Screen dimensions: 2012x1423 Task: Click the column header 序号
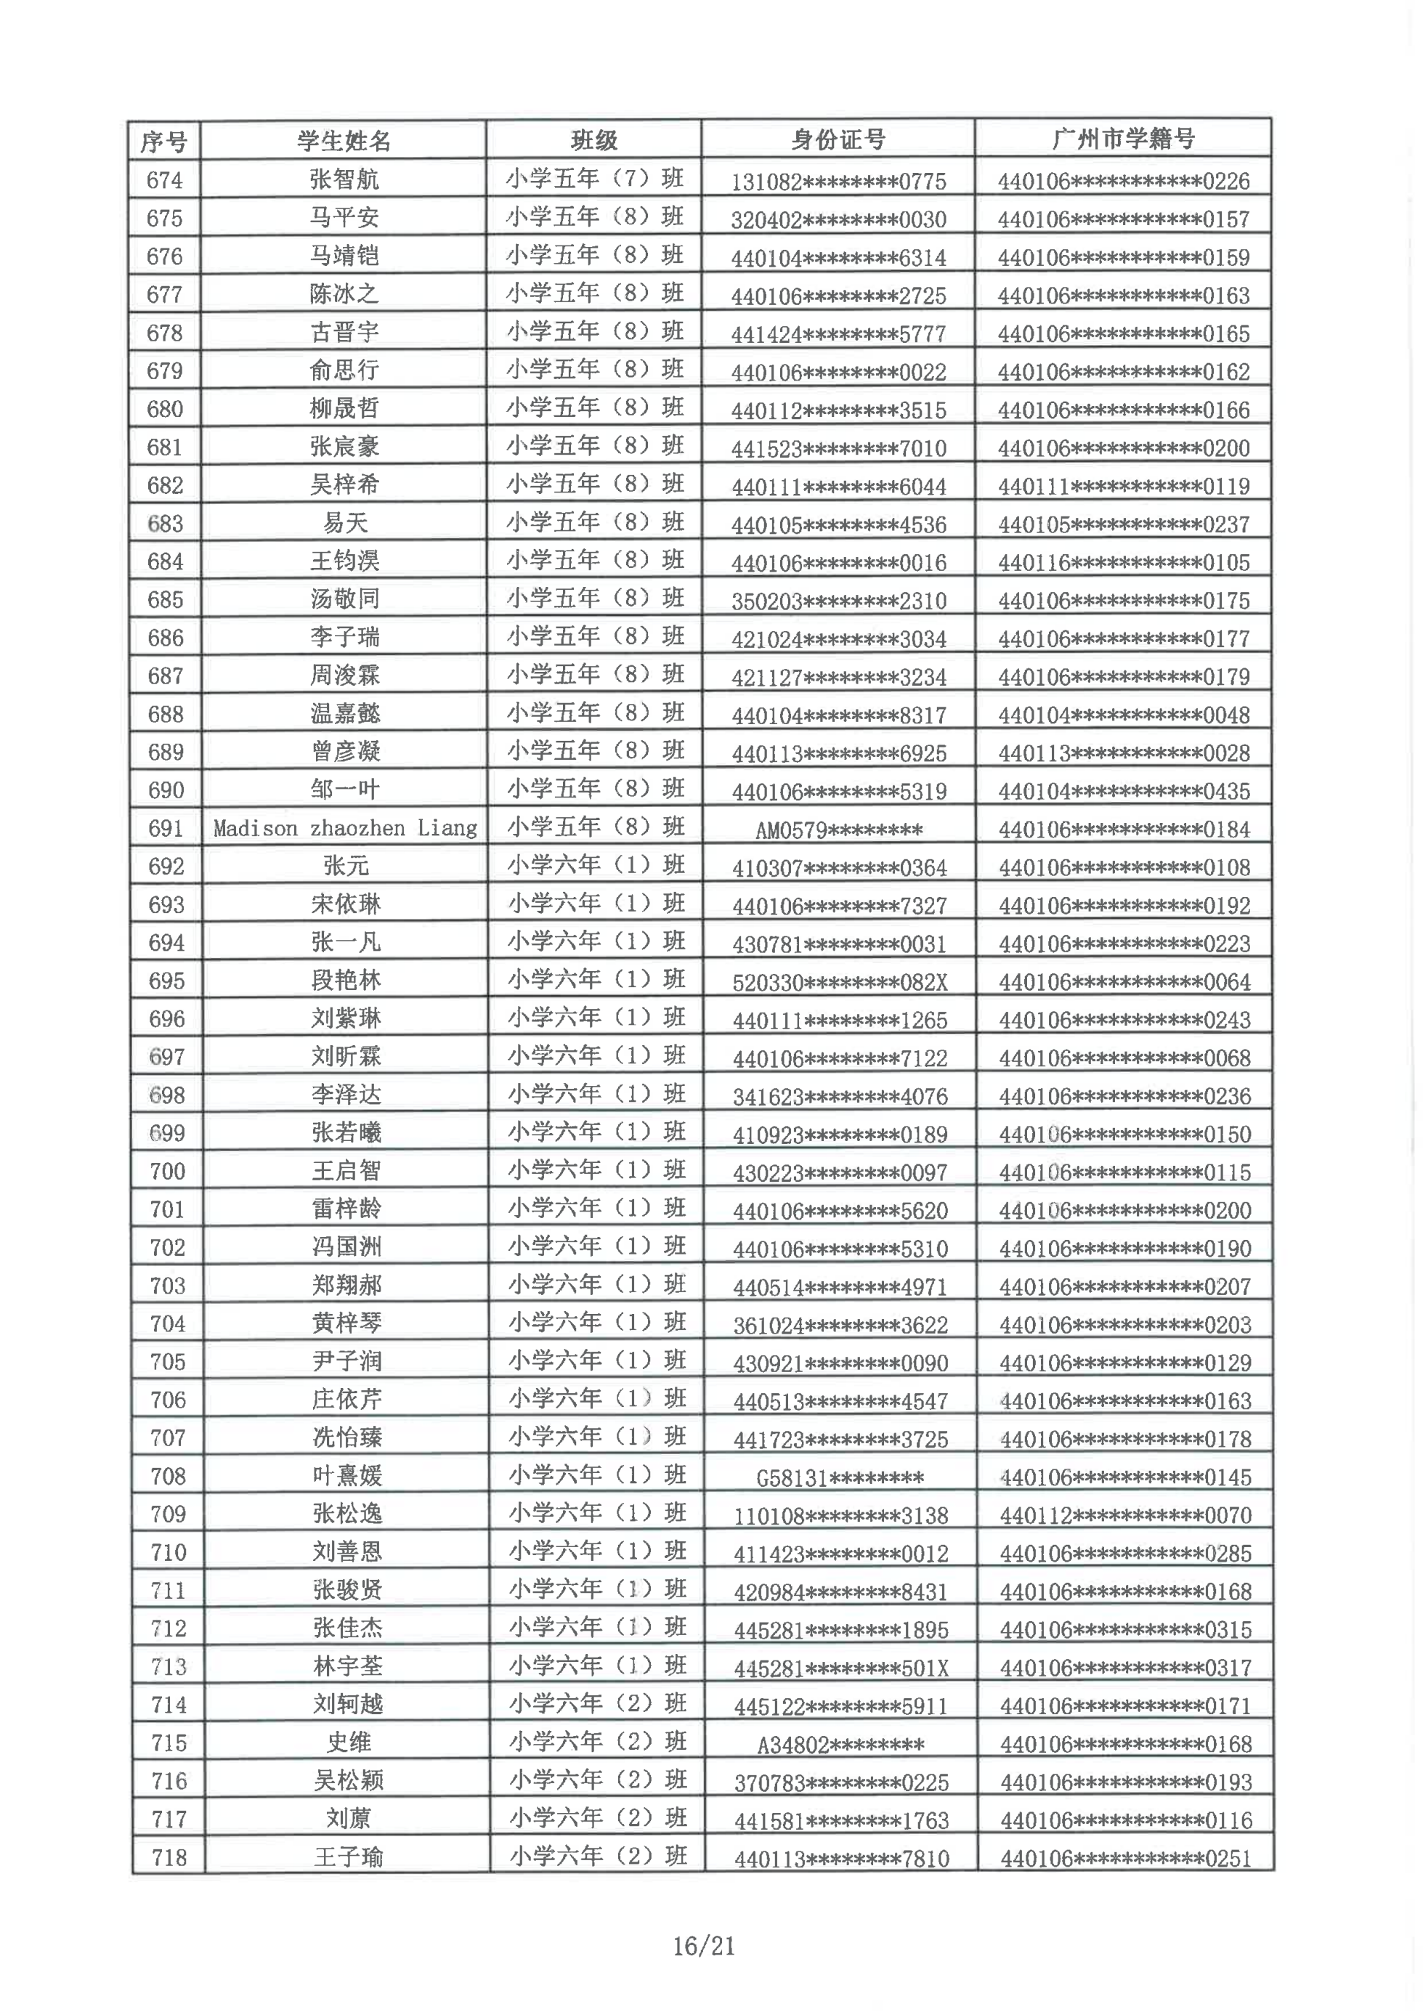164,141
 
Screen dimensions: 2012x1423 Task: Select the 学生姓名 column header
344,140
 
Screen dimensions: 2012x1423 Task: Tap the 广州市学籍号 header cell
1122,139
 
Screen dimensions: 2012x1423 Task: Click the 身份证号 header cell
838,139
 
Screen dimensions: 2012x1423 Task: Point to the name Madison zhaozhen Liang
345,828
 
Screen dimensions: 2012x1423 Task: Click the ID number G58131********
840,1478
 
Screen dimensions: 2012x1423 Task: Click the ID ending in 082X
840,982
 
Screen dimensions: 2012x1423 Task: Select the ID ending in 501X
841,1668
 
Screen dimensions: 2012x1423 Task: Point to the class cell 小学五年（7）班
594,179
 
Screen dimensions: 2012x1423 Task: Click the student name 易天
345,523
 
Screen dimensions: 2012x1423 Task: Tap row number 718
169,1858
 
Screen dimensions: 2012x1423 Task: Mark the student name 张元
346,866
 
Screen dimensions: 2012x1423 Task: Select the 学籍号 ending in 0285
1125,1554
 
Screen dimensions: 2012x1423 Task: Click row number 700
167,1172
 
